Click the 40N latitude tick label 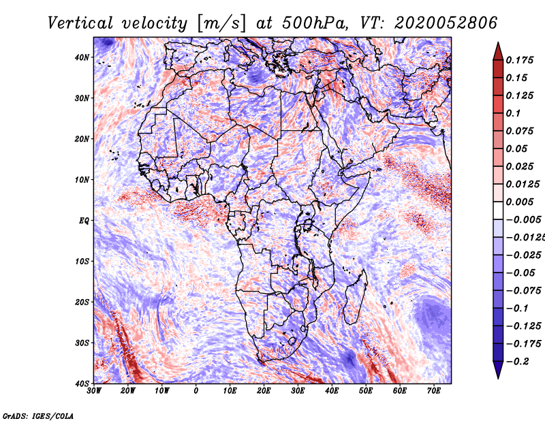click(x=82, y=57)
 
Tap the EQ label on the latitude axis click(x=84, y=221)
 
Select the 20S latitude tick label click(x=82, y=302)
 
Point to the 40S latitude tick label click(x=82, y=384)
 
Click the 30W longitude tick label click(x=94, y=391)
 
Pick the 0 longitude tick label click(x=196, y=391)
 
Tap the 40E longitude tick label click(x=332, y=391)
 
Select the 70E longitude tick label click(x=434, y=391)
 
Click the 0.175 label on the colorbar click(x=519, y=60)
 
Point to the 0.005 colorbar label click(x=519, y=202)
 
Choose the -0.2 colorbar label click(x=518, y=361)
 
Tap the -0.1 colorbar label click(x=518, y=308)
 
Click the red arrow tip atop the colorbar click(x=498, y=43)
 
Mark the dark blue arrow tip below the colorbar click(x=498, y=378)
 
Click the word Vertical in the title click(x=80, y=23)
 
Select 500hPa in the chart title click(x=315, y=23)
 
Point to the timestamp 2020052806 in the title click(x=446, y=23)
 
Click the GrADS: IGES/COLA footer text click(x=38, y=416)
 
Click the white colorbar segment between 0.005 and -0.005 click(x=498, y=210)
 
